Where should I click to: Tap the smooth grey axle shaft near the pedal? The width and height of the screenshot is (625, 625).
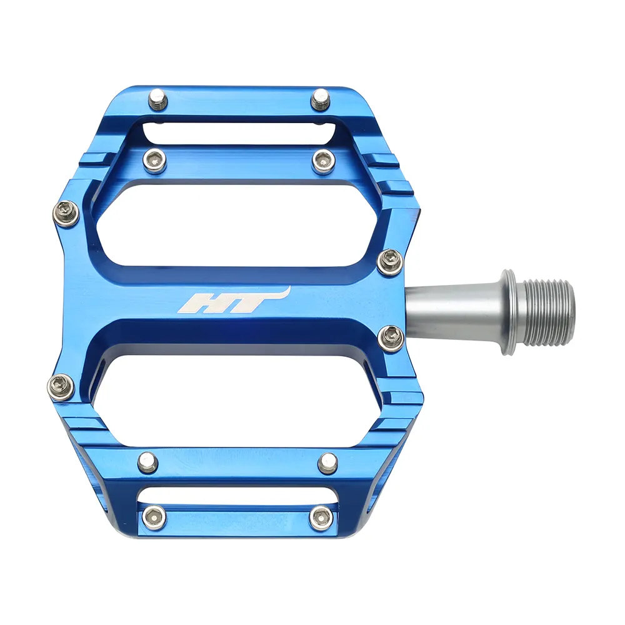pyautogui.click(x=450, y=311)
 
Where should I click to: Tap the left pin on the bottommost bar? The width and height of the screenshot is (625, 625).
pyautogui.click(x=153, y=516)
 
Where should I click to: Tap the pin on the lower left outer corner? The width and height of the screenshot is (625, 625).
pyautogui.click(x=61, y=386)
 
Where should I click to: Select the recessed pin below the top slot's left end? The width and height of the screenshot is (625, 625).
pyautogui.click(x=154, y=161)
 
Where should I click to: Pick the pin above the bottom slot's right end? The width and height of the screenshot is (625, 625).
pyautogui.click(x=327, y=463)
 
